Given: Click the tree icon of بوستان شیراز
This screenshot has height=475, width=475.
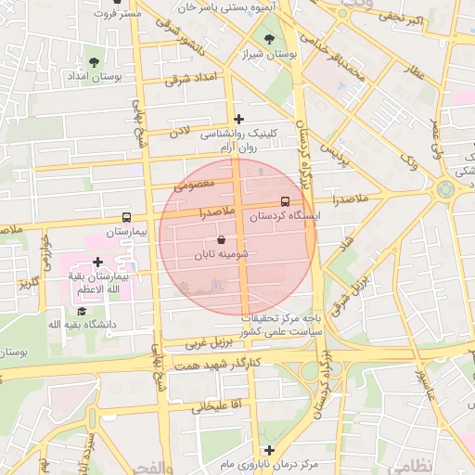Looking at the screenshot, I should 269,40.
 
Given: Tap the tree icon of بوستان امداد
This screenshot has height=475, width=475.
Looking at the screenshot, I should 94,62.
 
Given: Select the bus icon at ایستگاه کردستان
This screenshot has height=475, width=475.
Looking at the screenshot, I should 285,199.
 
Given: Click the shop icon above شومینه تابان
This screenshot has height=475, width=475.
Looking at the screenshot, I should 220,238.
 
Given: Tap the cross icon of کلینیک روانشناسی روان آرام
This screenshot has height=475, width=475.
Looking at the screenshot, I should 239,119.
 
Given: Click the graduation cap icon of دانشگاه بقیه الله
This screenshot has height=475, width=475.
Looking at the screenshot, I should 81,311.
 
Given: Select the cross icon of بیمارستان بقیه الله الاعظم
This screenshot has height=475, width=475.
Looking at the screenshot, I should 97,263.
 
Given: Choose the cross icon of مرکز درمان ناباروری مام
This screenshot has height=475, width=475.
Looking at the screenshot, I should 269,450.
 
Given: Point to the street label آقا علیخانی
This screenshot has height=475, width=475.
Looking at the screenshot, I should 216,405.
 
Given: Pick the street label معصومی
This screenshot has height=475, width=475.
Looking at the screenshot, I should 195,186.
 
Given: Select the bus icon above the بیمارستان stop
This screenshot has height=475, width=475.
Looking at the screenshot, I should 127,216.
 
